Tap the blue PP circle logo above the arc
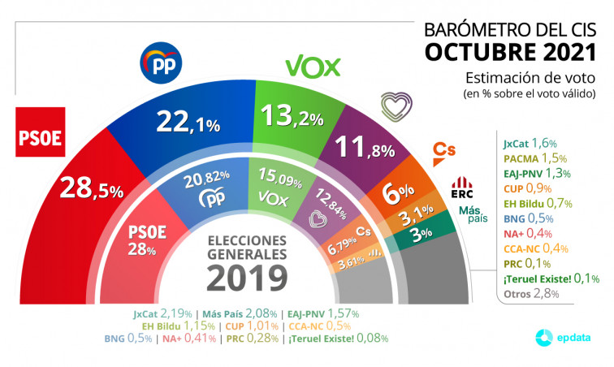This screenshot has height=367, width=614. point(162,63)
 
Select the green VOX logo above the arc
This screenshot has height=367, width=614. point(313,66)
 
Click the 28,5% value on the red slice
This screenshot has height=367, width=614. point(90,190)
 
